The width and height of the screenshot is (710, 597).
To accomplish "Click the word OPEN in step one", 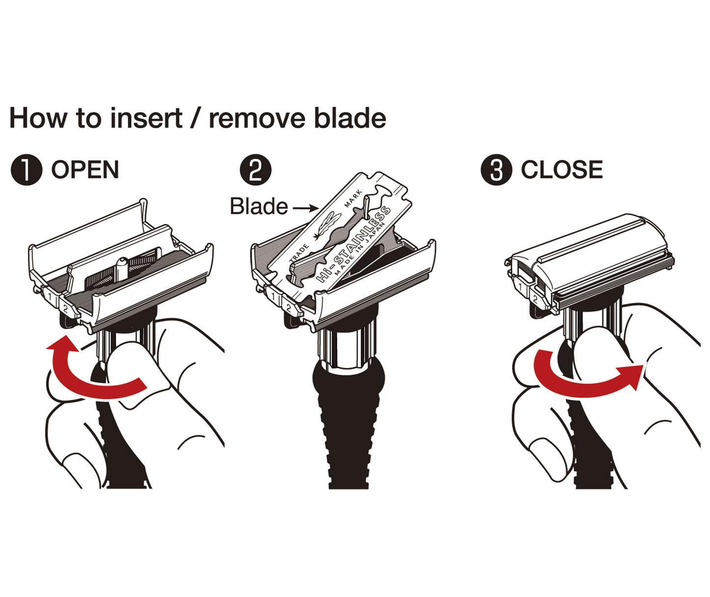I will [x=85, y=170].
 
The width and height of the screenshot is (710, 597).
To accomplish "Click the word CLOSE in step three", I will [x=562, y=170].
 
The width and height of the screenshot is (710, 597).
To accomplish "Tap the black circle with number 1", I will [x=26, y=170].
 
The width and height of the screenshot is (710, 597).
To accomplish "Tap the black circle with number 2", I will [x=256, y=170].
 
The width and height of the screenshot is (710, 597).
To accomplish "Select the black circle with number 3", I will [x=496, y=170].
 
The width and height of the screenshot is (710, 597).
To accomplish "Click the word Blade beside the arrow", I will [x=258, y=206].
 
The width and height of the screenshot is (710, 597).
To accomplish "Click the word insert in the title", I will [x=146, y=118].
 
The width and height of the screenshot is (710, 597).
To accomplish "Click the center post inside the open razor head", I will [x=122, y=267].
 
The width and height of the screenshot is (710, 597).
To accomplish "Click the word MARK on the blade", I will [x=353, y=198].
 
